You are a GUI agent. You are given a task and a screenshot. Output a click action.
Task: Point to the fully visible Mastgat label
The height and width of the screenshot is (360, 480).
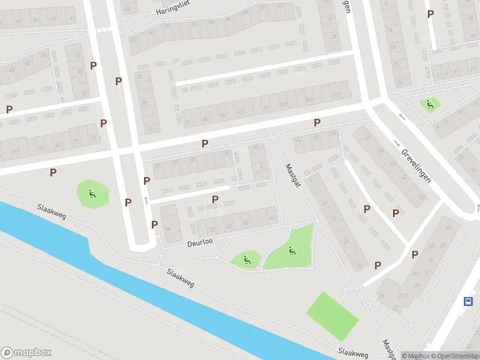click(293, 176)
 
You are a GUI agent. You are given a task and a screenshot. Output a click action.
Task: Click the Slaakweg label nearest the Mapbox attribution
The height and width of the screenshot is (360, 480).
click(352, 353)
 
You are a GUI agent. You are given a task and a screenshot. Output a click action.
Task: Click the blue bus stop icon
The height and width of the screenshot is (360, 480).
click(468, 302)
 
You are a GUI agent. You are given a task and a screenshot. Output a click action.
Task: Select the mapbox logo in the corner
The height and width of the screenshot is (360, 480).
click(26, 353)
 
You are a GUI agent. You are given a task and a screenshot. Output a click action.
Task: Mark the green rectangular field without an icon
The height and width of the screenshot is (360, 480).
click(332, 316)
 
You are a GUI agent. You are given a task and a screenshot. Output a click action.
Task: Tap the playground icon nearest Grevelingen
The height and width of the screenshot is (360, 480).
click(430, 105)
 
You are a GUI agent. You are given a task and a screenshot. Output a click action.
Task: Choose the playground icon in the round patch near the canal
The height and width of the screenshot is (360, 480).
click(92, 194)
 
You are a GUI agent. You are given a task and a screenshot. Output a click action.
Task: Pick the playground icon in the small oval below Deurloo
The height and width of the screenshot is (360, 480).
click(247, 260)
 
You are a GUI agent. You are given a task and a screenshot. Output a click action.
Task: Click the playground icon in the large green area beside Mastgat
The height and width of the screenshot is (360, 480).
click(292, 251)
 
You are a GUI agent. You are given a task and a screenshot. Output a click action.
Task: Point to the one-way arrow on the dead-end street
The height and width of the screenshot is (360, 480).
click(146, 200)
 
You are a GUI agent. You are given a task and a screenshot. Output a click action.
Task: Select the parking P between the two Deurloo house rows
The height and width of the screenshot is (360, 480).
click(215, 199)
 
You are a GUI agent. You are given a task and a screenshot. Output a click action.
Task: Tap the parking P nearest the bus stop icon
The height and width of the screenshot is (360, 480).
click(431, 256)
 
